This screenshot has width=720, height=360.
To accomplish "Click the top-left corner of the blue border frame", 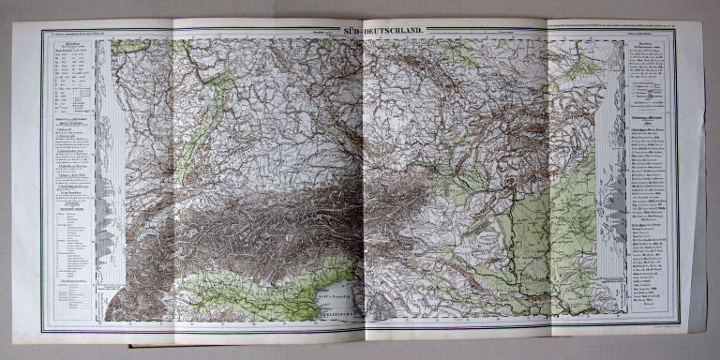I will [x=42, y=32].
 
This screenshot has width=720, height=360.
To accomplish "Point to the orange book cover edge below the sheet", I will [x=281, y=346].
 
